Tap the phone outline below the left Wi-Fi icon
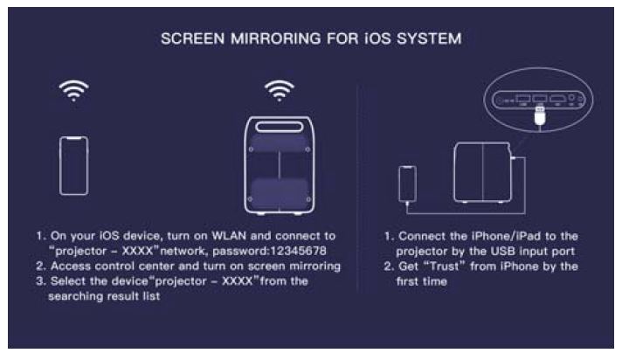coord(73,165)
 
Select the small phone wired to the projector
coord(406,184)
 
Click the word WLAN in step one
coord(228,237)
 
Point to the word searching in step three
coord(92,296)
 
